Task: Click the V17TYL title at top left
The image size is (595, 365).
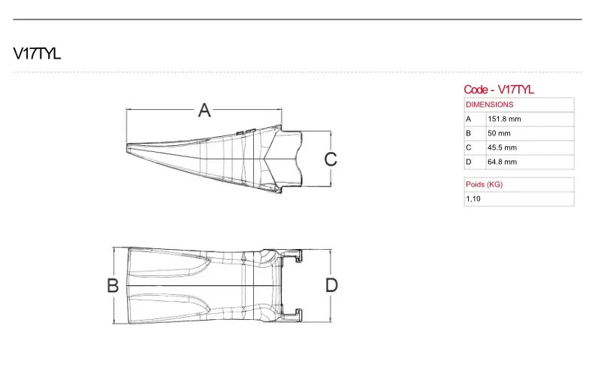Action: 37,53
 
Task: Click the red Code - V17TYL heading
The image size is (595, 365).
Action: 499,90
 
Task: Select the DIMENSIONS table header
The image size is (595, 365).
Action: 490,105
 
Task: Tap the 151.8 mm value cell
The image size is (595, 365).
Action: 504,119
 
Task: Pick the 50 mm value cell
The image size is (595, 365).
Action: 499,133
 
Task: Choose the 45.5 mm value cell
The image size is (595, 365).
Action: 502,148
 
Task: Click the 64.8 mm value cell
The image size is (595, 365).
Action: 502,162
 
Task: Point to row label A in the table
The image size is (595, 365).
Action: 468,119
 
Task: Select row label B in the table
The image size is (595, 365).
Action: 468,133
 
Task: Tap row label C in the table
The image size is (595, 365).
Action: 468,148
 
